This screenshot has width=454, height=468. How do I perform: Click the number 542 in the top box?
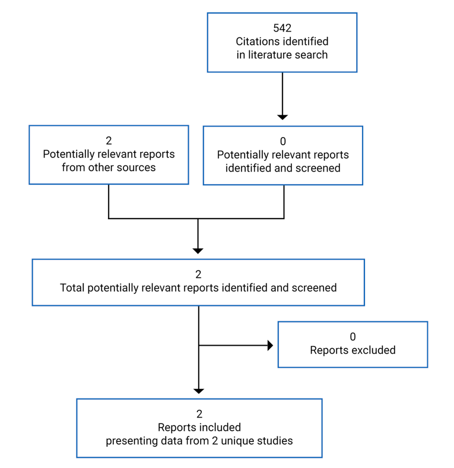282,29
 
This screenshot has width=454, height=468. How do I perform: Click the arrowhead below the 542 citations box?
282,116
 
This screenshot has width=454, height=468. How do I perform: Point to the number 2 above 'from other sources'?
109,141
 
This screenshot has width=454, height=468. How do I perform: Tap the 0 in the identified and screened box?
282,141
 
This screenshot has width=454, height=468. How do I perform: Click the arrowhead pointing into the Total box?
198,250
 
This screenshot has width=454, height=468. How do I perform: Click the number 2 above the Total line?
198,274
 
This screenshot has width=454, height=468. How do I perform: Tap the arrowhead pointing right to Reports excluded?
270,345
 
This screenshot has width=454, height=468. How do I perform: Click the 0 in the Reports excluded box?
353,337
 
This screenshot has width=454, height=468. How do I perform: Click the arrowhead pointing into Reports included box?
199,390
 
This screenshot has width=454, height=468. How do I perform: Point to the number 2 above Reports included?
199,414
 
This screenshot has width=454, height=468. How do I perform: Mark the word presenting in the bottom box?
130,441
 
